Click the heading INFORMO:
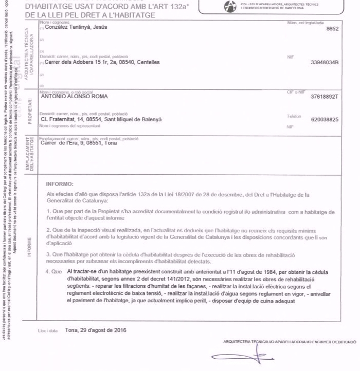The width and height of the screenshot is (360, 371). click(60, 183)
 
